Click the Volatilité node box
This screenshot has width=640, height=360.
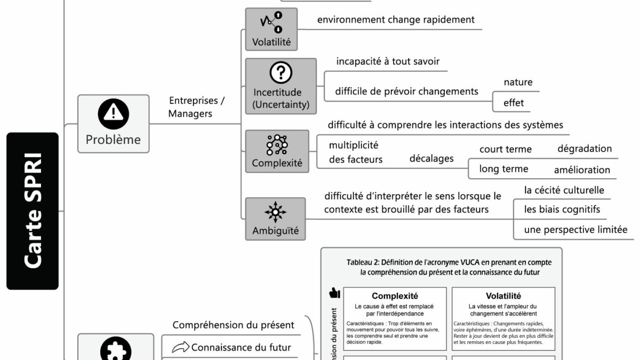271,30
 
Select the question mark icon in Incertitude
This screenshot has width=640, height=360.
281,73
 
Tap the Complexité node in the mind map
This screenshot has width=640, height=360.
277,151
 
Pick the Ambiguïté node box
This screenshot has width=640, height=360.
275,219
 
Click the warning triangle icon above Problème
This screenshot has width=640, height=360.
113,113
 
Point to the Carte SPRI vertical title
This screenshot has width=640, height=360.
33,211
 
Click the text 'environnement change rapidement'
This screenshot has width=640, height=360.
396,20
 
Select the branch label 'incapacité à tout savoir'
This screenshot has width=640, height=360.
388,61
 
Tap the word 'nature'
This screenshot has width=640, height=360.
518,82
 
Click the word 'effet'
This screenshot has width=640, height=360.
514,103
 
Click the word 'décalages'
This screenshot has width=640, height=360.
431,158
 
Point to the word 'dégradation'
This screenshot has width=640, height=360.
585,149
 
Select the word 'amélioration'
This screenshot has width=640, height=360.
582,170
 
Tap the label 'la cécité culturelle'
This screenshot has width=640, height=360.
564,190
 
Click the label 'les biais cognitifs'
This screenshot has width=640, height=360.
562,210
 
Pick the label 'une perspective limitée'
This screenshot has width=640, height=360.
575,230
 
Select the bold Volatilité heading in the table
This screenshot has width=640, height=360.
503,296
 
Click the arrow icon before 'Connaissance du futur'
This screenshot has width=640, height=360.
180,348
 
